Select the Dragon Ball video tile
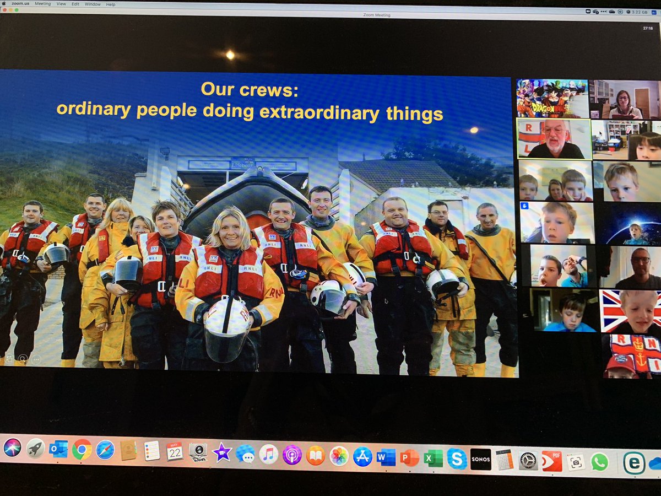[552, 98]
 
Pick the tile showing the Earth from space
[630, 223]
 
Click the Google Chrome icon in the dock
[82, 449]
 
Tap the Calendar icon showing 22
[175, 451]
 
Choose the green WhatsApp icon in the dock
[600, 462]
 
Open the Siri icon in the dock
[12, 447]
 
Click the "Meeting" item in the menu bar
[42, 4]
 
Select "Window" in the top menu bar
[93, 4]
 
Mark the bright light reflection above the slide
[230, 55]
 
